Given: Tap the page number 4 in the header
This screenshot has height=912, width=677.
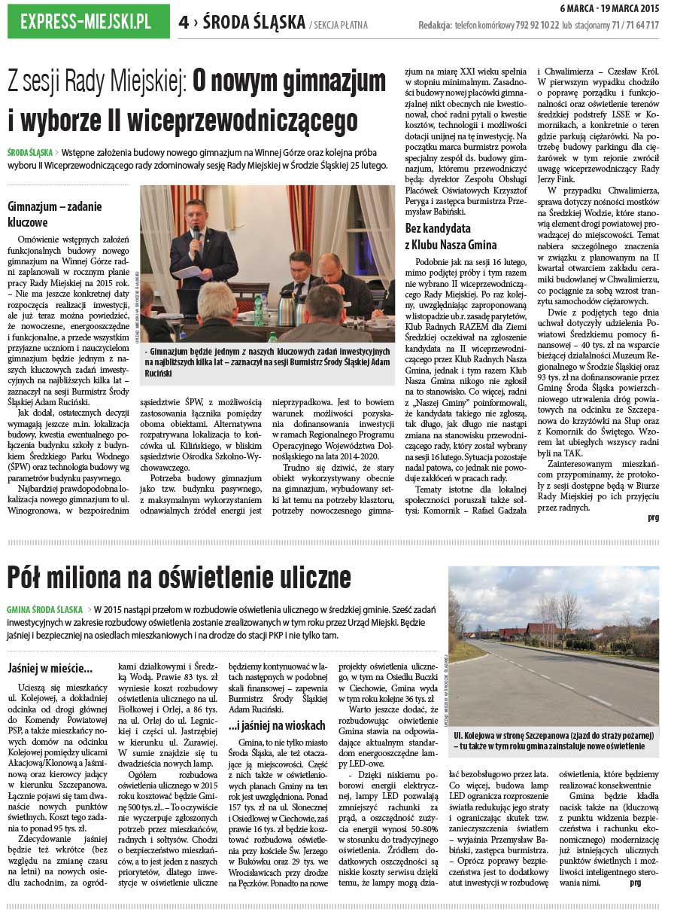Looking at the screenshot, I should [183, 23].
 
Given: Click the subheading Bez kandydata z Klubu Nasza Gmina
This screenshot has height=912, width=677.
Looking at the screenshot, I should [451, 236].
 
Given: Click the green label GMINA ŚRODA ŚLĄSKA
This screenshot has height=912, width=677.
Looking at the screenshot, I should [44, 609].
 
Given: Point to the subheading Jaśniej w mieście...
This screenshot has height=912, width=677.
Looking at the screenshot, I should [50, 668].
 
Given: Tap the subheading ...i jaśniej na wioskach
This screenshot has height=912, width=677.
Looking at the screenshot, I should [276, 726].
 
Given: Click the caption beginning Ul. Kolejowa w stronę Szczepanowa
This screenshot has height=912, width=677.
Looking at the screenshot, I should [554, 740].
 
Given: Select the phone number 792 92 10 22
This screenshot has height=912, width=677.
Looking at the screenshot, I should [533, 25].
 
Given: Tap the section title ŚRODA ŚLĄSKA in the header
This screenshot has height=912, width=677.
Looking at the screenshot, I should [253, 23].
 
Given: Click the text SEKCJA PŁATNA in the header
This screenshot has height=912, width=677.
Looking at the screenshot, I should [340, 26].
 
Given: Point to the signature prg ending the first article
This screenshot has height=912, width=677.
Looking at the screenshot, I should [652, 518].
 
